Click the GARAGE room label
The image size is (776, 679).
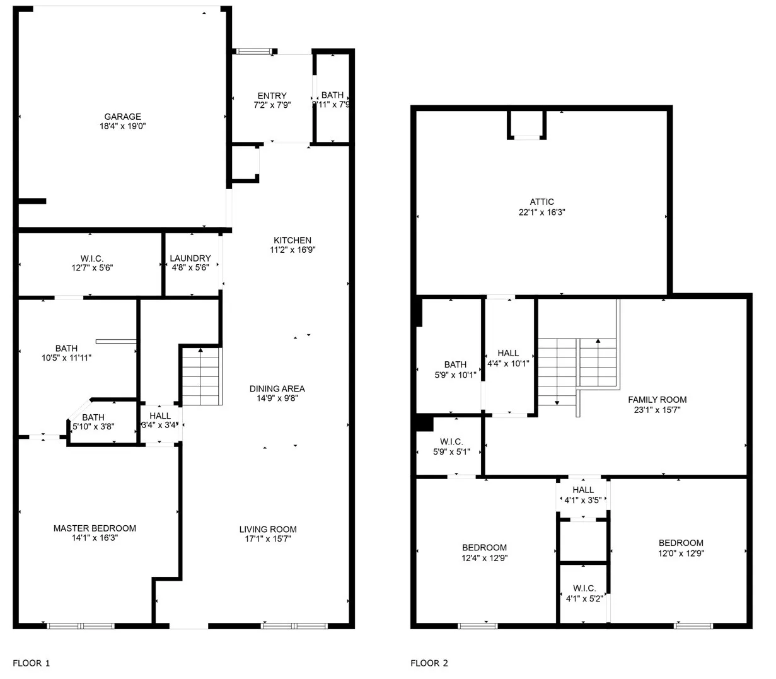pos(122,117)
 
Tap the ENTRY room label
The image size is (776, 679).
pos(272,96)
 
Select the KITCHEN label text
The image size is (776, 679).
pos(292,240)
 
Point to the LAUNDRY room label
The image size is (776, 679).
pos(190,258)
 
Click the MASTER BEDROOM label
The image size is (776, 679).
pos(95,528)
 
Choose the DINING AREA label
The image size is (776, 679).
pos(277,389)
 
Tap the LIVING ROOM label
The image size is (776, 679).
pos(268,529)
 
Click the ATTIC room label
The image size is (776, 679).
pos(541,202)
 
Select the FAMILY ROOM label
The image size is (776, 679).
pos(657,400)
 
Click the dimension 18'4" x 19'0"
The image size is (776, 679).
pos(122,126)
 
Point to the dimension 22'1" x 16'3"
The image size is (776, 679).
pos(541,212)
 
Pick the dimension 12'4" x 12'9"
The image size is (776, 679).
pos(484,557)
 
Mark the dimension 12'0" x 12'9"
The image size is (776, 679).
pos(681,553)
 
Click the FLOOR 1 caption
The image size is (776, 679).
pos(31,663)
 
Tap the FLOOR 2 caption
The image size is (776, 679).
pos(429,663)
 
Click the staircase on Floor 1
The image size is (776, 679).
pos(201,376)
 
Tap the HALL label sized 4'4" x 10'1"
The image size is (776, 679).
pos(508,353)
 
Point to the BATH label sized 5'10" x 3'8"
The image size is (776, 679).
pos(93,417)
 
